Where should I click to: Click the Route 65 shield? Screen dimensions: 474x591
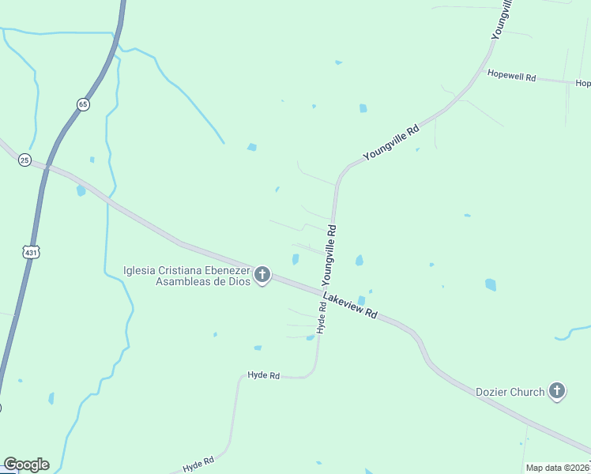coord(83,104)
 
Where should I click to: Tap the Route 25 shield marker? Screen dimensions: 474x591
coord(25,159)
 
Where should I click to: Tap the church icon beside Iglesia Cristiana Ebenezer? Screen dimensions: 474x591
coord(262,276)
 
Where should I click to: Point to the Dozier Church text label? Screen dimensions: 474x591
coord(510,392)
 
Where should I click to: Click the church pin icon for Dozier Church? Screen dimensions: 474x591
coord(557,391)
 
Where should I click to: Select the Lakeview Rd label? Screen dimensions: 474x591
coord(350,303)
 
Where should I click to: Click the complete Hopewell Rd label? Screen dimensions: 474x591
coord(512,77)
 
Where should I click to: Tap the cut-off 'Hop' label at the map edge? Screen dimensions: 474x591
coord(583,83)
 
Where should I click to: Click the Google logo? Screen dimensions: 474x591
coord(26,465)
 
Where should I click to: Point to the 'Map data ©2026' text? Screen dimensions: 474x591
coord(558,468)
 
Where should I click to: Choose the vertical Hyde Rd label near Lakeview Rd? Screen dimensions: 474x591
coord(322,315)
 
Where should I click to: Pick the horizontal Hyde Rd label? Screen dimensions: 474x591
coord(264,376)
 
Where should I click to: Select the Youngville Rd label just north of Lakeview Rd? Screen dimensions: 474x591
coord(329,254)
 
